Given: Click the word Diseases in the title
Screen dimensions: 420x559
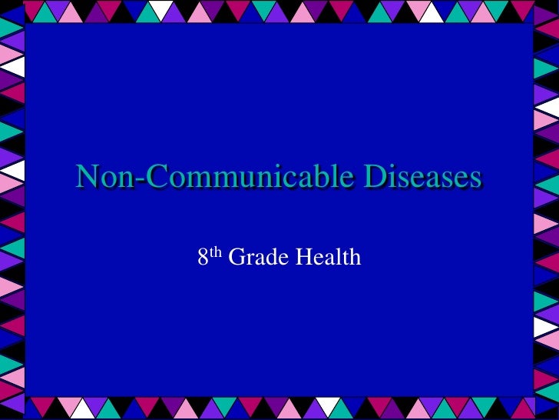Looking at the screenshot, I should point(423,178).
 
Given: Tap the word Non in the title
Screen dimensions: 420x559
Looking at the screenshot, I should point(100,178).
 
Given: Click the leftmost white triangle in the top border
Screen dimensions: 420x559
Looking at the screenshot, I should point(160,10).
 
